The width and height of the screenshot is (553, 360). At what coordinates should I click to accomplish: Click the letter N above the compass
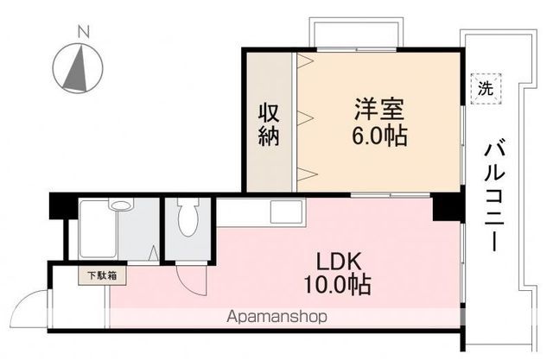tap(83, 33)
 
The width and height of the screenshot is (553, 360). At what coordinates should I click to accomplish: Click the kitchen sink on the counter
tap(286, 211)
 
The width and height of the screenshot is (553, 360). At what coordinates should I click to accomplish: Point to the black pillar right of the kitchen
tap(446, 208)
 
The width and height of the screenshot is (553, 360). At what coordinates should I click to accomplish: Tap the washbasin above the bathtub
tap(122, 205)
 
